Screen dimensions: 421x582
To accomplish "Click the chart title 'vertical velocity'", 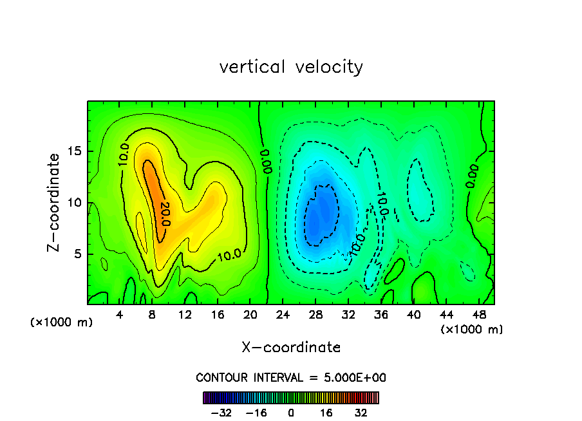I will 291,67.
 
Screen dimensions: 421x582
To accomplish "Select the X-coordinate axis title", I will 291,348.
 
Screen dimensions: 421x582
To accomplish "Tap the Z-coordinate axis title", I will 55,202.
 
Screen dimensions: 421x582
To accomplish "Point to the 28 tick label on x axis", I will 315,315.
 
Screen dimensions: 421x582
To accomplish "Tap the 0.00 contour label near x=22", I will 265,161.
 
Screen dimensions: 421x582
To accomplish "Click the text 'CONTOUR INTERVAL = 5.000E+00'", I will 291,377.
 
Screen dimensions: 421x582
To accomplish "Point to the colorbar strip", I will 291,397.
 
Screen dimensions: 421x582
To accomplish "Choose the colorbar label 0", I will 291,413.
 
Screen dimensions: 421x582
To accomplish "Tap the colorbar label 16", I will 326,413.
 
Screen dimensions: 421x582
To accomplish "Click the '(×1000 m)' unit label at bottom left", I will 62,323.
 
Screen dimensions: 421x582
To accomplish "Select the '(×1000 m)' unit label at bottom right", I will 472,329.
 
